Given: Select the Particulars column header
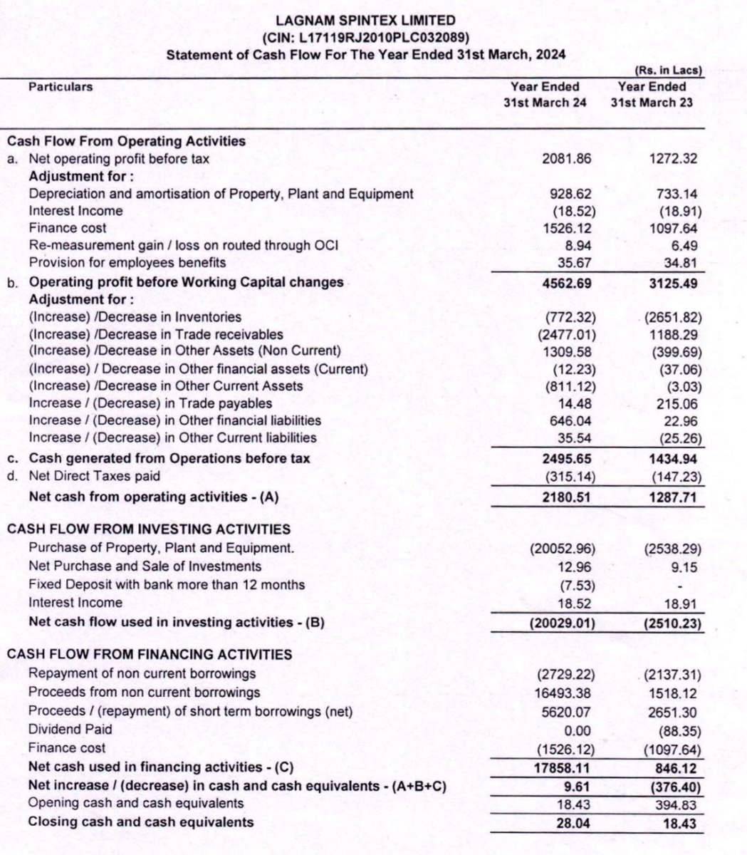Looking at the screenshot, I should [61, 87].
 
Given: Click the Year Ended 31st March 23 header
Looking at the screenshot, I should [652, 94].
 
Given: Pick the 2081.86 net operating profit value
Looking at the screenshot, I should [566, 159].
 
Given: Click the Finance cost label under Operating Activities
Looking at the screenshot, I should [68, 228].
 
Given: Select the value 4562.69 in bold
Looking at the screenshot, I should [566, 282].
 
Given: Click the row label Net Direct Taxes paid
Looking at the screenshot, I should [94, 476].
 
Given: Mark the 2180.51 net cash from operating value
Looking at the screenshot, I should [566, 496].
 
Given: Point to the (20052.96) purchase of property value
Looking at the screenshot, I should [562, 549].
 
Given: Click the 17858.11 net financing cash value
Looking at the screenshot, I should [563, 768].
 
